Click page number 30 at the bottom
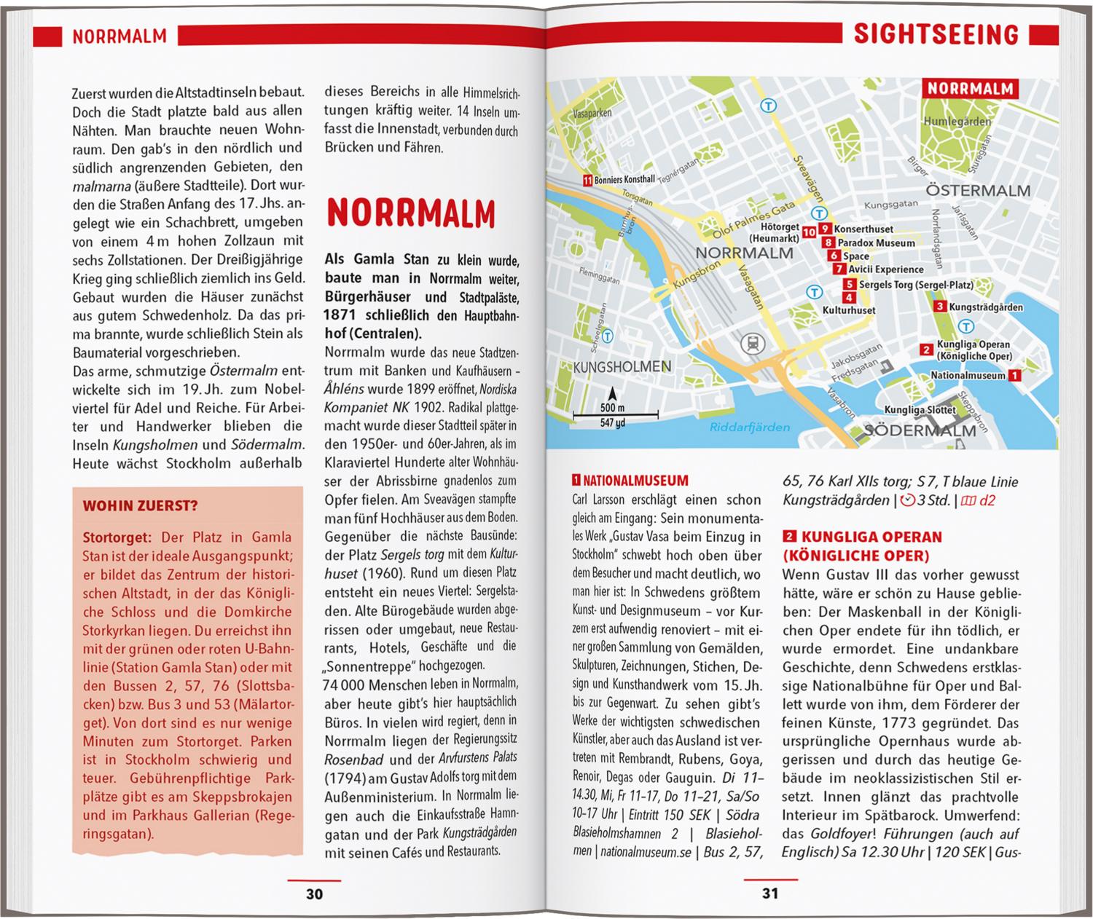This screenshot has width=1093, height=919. coord(314,894)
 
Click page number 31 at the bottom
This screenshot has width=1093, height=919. coord(770,894)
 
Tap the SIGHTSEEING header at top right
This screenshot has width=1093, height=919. coord(936,34)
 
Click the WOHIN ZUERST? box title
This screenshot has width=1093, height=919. coord(140,506)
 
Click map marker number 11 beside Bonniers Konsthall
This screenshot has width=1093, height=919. coord(587,180)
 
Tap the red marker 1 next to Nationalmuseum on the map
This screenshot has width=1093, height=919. coord(1014,376)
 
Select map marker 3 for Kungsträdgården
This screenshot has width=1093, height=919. coord(941,307)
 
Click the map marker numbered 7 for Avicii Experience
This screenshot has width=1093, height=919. coord(841,269)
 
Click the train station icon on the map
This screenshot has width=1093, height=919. coord(749,344)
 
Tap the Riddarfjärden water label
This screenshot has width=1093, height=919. coord(750,427)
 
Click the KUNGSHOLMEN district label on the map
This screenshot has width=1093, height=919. coord(622,366)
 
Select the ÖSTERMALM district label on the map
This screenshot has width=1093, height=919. coord(977,191)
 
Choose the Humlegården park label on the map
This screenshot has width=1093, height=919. coord(957,122)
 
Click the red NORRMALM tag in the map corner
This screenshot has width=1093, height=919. coord(970,90)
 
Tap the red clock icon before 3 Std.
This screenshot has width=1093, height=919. coord(907,500)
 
